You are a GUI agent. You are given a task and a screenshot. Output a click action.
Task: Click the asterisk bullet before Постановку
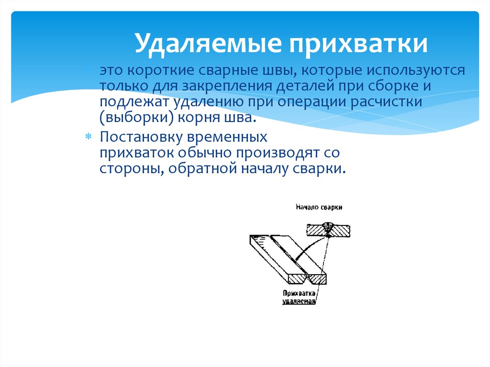point(88,138)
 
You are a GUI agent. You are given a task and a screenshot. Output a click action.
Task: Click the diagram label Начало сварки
point(318,207)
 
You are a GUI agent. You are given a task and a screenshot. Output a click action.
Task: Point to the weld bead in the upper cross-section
point(329,227)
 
